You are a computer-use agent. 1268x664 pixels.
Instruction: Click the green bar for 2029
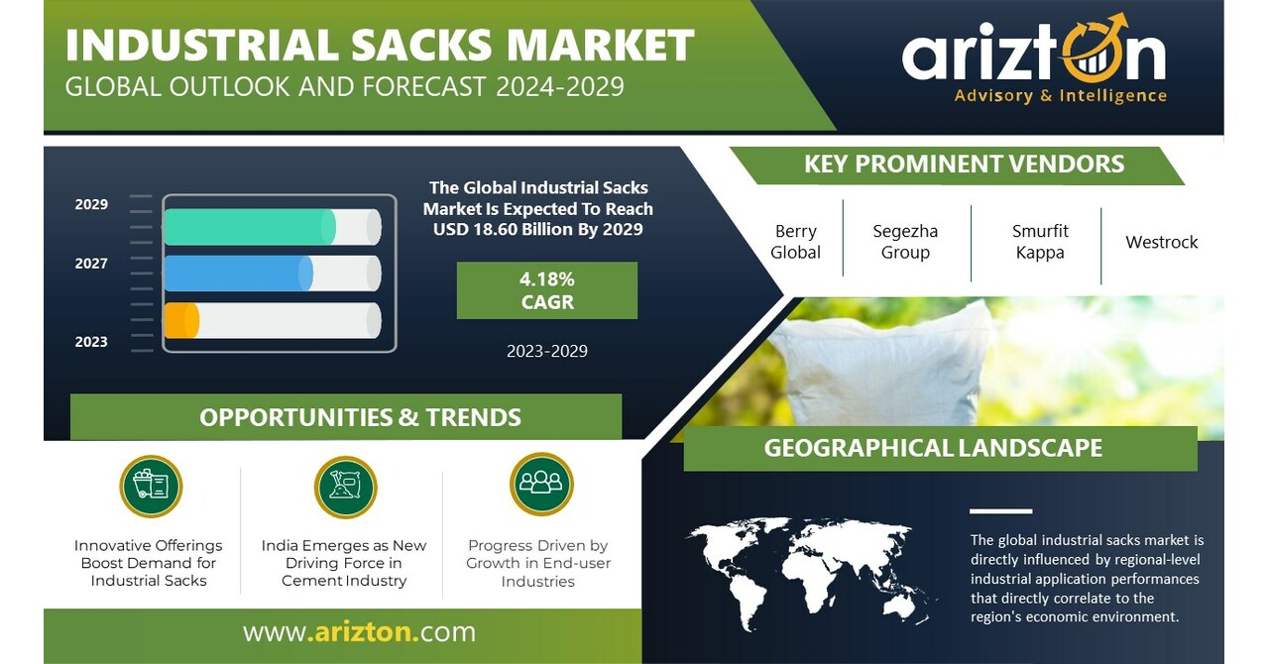pyautogui.click(x=248, y=227)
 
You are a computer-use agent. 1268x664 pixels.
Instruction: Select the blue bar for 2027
pyautogui.click(x=238, y=274)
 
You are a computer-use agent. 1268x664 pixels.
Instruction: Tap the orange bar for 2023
pyautogui.click(x=180, y=320)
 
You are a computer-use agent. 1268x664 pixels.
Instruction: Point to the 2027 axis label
pyautogui.click(x=91, y=264)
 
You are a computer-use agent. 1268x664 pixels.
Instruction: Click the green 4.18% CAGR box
pyautogui.click(x=547, y=290)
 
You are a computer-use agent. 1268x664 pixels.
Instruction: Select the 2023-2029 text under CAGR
pyautogui.click(x=547, y=351)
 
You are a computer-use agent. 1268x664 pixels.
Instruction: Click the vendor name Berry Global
pyautogui.click(x=795, y=242)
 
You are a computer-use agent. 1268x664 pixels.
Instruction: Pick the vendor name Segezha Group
pyautogui.click(x=905, y=242)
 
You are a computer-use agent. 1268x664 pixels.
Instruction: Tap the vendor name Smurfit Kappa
pyautogui.click(x=1040, y=242)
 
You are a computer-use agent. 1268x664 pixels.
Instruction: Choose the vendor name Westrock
pyautogui.click(x=1162, y=242)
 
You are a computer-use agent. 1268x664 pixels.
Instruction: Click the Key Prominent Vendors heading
pyautogui.click(x=964, y=165)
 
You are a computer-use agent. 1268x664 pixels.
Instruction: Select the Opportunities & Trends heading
pyautogui.click(x=360, y=417)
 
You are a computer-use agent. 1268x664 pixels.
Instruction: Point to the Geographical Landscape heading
pyautogui.click(x=933, y=448)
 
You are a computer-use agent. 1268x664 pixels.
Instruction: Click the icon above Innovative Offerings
pyautogui.click(x=151, y=487)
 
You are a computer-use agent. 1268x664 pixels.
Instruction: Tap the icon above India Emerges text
pyautogui.click(x=345, y=487)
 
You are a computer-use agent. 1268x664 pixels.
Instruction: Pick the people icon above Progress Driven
pyautogui.click(x=541, y=484)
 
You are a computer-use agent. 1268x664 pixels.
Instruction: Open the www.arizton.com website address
pyautogui.click(x=359, y=632)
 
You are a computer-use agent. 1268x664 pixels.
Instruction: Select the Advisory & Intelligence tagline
pyautogui.click(x=1060, y=96)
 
